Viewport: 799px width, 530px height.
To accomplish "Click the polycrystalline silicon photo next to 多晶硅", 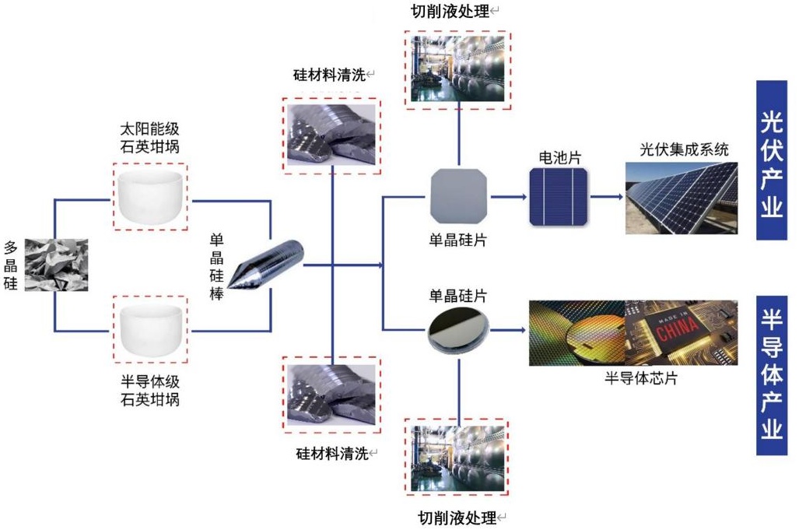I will point(56,265).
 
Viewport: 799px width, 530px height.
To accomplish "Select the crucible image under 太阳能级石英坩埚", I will point(151,198).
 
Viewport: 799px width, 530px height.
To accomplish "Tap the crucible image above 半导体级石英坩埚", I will point(151,330).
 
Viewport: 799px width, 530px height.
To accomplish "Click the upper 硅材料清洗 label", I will point(329,75).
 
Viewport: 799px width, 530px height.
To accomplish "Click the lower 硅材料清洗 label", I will point(331,452).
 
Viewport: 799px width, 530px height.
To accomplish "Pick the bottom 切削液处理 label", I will point(457,517).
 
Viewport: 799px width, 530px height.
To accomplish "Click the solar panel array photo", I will point(681,198).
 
